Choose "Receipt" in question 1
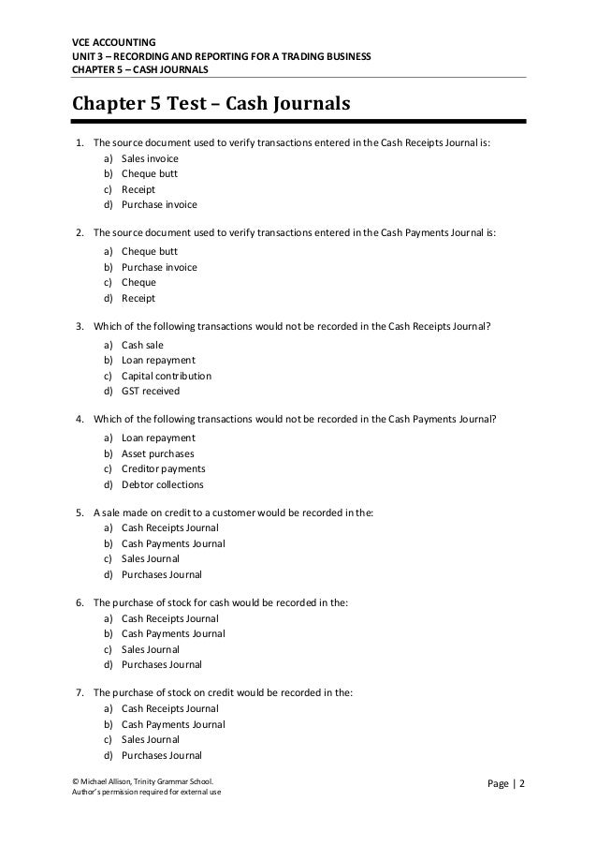click(138, 188)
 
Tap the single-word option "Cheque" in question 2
click(138, 281)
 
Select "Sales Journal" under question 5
click(151, 558)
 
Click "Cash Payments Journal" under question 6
click(173, 634)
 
